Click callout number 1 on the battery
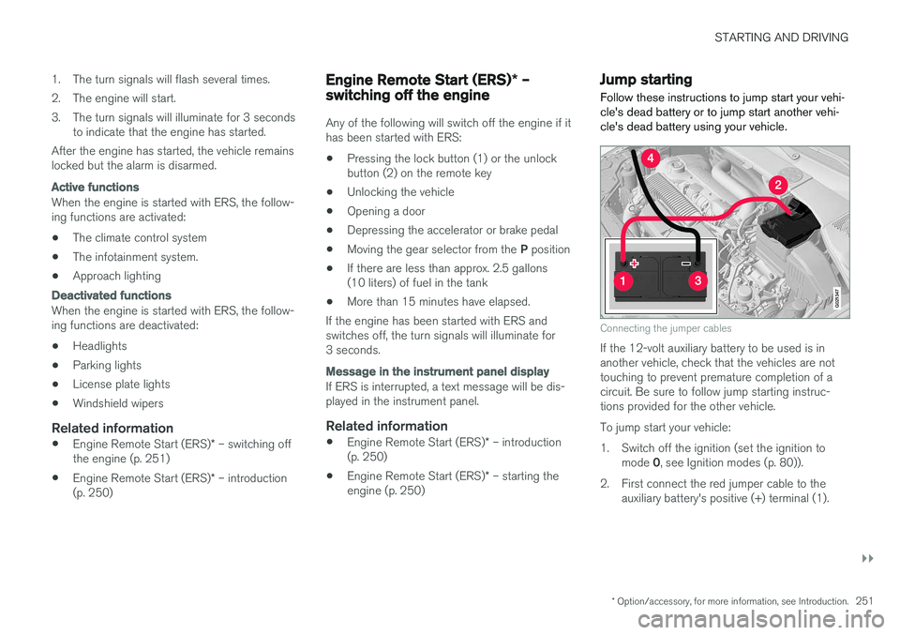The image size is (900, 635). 622,281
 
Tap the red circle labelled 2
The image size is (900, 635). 777,186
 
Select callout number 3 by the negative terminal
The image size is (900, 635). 696,281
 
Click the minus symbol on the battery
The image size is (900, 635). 685,265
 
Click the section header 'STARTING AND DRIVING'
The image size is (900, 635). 781,38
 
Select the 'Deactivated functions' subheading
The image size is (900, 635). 111,295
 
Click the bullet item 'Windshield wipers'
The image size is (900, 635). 117,403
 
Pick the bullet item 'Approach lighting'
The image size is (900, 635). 116,276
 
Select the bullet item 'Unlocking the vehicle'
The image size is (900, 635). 400,191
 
